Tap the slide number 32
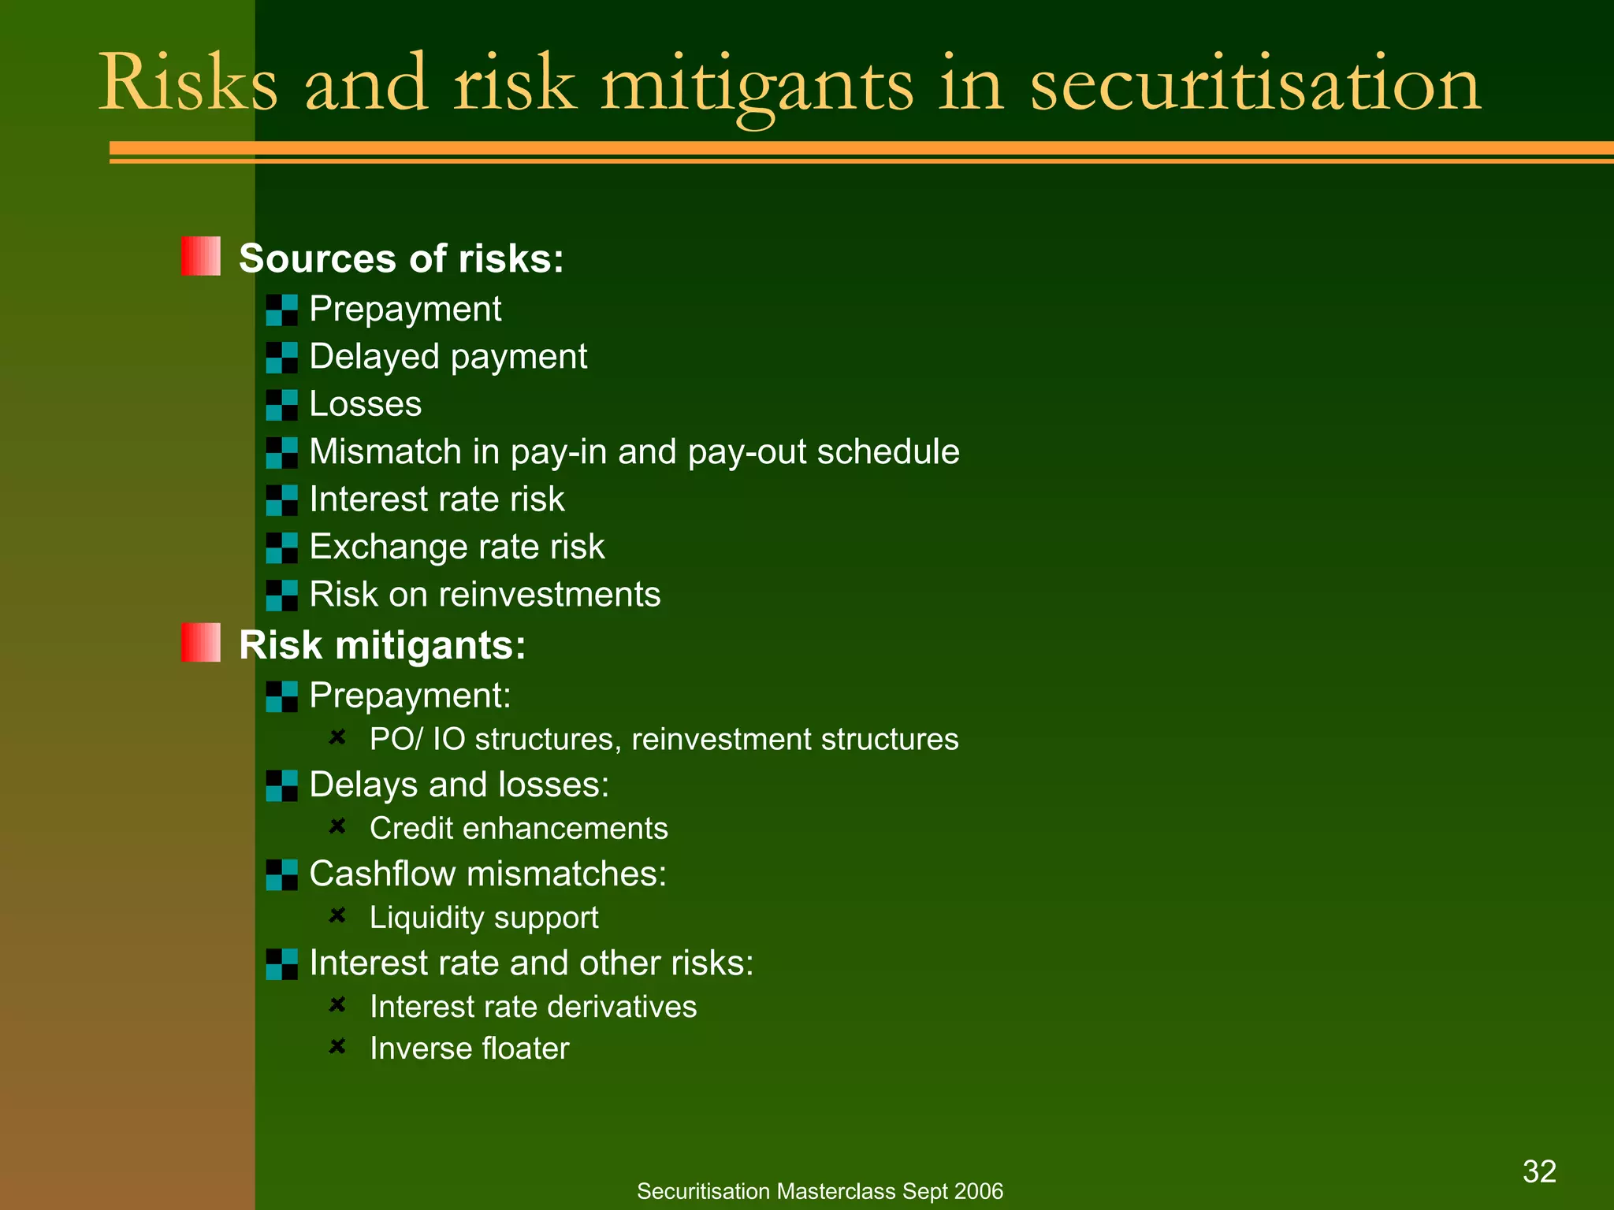[1539, 1171]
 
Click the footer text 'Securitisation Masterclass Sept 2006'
[820, 1191]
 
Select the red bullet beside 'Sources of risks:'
[201, 257]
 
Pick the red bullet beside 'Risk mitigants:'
[201, 643]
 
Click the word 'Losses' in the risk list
[366, 404]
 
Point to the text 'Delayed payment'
[448, 357]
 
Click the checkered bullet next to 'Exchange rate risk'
[282, 547]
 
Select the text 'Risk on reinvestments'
[485, 595]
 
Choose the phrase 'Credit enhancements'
[519, 829]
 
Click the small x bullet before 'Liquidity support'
[337, 915]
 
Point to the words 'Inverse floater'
[469, 1049]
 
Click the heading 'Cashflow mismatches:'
[488, 874]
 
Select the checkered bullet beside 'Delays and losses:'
[282, 785]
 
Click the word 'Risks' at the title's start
[188, 84]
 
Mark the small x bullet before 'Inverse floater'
[337, 1046]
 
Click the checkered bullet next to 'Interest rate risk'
[282, 500]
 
